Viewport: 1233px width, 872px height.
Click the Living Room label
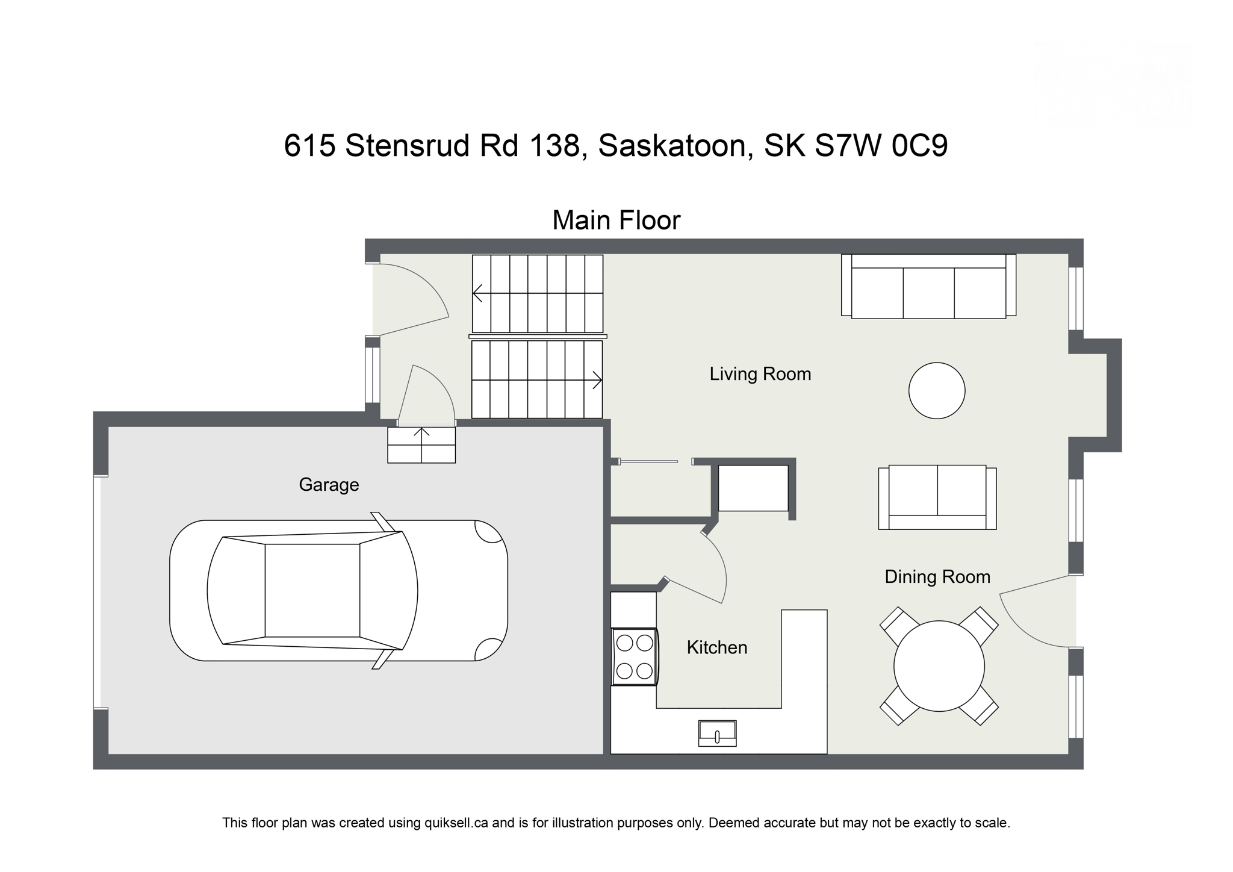click(760, 374)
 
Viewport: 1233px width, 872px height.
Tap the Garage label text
click(329, 485)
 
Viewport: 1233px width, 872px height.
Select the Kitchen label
click(716, 647)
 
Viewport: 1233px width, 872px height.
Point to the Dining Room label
click(937, 577)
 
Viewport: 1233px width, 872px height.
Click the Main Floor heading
click(616, 220)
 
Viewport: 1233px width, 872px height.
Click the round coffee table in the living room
click(936, 390)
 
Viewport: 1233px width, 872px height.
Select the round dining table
click(939, 666)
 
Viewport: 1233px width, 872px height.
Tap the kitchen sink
click(717, 733)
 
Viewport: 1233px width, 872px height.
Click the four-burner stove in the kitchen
click(635, 657)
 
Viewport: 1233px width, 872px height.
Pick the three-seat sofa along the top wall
click(928, 287)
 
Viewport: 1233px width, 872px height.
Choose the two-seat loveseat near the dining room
click(937, 497)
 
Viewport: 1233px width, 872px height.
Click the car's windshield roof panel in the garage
click(312, 591)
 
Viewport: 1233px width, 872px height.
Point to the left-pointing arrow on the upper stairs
click(479, 293)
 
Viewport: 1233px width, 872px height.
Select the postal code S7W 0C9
click(881, 146)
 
